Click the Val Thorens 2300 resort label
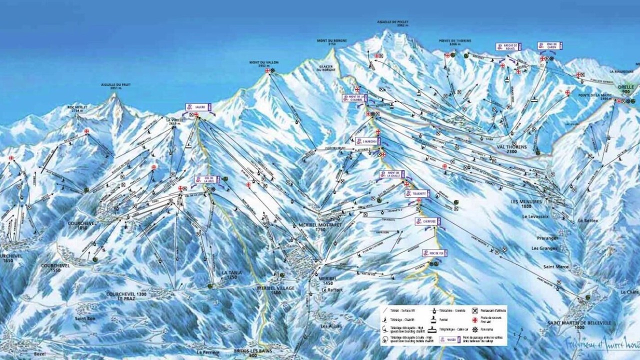(x=511, y=146)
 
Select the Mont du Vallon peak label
(x=264, y=64)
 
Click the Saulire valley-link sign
(x=198, y=107)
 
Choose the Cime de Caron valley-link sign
(x=550, y=46)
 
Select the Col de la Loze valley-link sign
(x=207, y=179)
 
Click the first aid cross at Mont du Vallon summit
(x=267, y=71)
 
